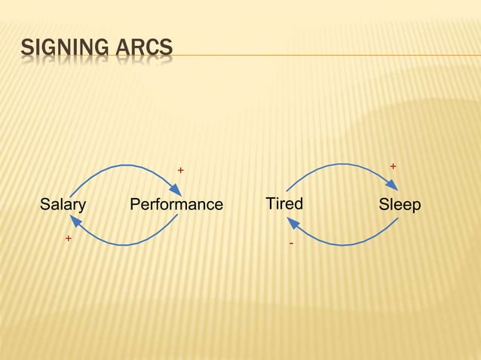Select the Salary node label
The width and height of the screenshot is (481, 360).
(x=63, y=205)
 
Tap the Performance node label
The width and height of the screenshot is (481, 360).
(x=176, y=205)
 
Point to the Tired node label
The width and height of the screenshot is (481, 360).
(x=284, y=204)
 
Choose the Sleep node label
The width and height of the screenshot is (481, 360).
(x=400, y=205)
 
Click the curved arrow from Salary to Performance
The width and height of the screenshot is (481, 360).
(x=124, y=166)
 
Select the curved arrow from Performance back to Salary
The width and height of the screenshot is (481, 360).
(x=124, y=244)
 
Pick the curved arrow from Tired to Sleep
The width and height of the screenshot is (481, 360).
(x=343, y=164)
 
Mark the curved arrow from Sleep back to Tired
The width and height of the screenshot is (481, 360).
(x=343, y=244)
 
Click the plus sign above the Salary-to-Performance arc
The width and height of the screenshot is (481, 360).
(x=180, y=170)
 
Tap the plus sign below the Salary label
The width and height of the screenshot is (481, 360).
(x=68, y=238)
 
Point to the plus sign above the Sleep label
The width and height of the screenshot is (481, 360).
(x=392, y=165)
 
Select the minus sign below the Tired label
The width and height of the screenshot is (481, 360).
(x=291, y=245)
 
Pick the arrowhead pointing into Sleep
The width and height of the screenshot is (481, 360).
(x=394, y=188)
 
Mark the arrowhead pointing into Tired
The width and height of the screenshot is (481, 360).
(x=293, y=222)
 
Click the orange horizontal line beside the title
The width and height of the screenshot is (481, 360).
(x=324, y=55)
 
